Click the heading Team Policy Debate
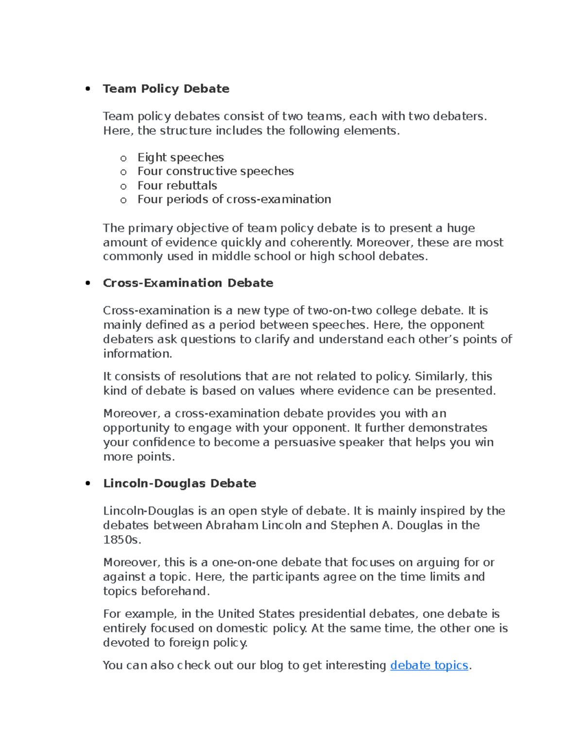166,88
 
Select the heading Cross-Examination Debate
188,283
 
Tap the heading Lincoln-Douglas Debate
179,483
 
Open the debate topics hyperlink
429,665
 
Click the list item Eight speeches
180,158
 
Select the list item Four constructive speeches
215,171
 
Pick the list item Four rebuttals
177,185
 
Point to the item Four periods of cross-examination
234,199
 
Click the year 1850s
120,540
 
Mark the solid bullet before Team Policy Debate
88,89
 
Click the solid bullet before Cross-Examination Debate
88,283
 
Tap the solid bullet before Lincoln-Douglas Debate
88,484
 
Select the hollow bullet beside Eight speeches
123,158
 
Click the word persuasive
305,442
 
